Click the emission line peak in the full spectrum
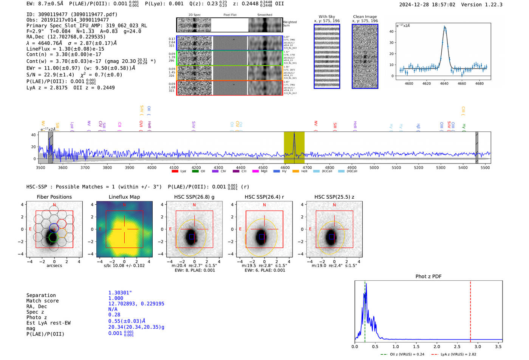pos(294,134)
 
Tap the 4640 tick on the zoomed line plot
pos(444,83)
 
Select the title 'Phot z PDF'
pos(428,277)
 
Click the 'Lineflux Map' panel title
pos(124,197)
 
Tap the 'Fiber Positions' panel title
pos(54,197)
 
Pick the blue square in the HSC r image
pos(261,237)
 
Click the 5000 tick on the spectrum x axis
pos(374,168)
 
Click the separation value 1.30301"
pos(120,293)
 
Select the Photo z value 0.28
pos(114,315)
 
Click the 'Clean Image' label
pos(365,17)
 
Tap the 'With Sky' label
pos(326,17)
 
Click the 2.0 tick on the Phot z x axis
pos(437,346)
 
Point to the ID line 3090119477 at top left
pos(72,14)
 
